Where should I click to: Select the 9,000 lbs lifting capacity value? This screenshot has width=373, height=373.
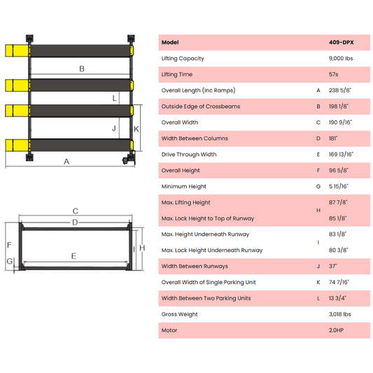click(339, 58)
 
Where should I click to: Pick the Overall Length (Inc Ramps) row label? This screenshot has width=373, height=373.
click(198, 90)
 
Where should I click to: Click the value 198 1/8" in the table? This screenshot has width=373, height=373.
click(339, 106)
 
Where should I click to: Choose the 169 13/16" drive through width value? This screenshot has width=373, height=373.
click(342, 155)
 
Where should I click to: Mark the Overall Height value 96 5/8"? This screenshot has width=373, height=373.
click(339, 170)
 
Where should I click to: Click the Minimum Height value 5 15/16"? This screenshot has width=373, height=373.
click(339, 186)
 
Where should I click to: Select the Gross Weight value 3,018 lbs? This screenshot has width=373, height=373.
click(339, 314)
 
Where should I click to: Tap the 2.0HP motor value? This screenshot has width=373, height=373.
click(337, 330)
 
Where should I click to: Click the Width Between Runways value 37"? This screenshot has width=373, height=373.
click(332, 266)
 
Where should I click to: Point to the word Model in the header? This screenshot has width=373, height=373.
click(170, 42)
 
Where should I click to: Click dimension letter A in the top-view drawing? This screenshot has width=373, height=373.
click(66, 162)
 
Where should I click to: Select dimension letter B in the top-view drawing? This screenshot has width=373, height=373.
click(82, 69)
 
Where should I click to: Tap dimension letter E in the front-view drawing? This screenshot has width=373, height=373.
click(73, 256)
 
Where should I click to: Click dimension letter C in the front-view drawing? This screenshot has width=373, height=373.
click(75, 211)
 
